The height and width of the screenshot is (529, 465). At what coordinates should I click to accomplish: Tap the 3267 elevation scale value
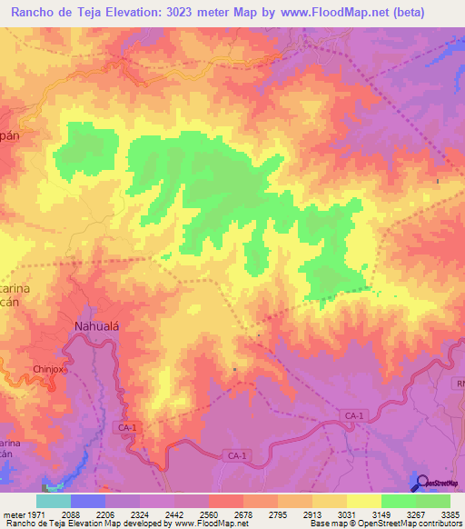tap(415, 514)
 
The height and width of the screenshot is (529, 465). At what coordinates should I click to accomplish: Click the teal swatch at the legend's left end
tap(53, 501)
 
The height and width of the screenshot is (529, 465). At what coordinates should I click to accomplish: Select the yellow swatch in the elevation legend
tap(363, 501)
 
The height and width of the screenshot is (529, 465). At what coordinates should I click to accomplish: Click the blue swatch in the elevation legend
tap(87, 501)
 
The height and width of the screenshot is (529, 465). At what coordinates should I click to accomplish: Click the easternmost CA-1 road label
tap(354, 415)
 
